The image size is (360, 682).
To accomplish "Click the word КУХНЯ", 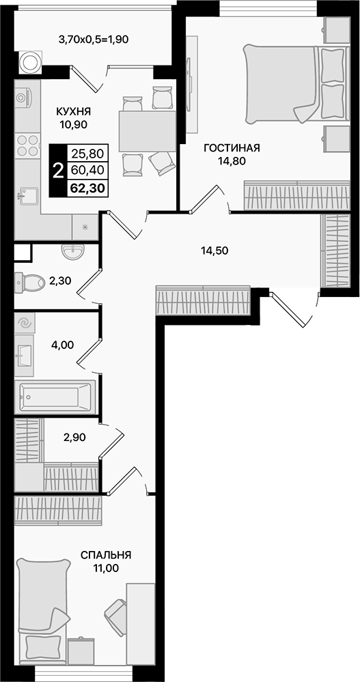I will [x=74, y=111].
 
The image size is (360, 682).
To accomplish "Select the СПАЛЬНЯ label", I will [x=106, y=555].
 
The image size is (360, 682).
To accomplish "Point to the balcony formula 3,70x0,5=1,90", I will [x=94, y=39].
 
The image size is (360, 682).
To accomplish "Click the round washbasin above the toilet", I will [x=72, y=253].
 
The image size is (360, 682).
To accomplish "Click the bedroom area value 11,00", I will [x=106, y=568].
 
